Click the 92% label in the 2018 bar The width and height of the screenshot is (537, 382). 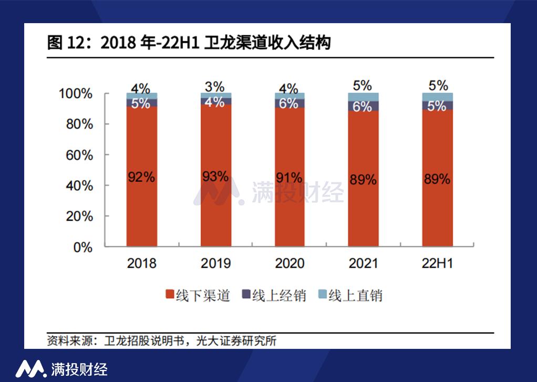141,177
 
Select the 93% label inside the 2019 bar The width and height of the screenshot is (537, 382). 215,177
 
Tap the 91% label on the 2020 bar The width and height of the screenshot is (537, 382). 290,177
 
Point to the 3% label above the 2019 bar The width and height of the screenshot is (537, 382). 215,87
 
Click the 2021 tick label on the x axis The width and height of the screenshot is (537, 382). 363,263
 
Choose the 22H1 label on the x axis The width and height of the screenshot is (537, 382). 437,263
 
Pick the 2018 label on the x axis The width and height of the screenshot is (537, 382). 141,263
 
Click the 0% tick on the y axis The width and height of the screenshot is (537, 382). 83,247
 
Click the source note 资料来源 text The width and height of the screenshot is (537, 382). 161,340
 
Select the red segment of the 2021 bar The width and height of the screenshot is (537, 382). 363,210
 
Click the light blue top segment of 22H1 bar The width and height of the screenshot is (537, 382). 437,97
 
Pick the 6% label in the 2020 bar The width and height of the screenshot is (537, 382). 289,104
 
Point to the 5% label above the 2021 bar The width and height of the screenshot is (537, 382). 363,86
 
